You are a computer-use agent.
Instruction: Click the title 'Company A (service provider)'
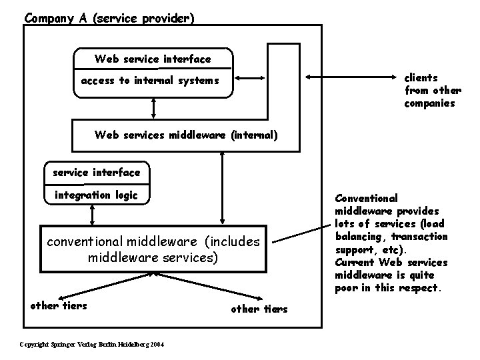[109, 18]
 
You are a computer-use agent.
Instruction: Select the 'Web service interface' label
[153, 59]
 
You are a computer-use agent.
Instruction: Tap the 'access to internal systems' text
[149, 81]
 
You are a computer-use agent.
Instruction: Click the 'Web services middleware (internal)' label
[186, 135]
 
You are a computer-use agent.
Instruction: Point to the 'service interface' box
[97, 173]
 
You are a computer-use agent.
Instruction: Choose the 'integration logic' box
[97, 195]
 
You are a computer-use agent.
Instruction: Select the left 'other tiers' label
[55, 306]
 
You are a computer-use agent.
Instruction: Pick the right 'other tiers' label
[259, 309]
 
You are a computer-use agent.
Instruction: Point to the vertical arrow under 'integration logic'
[92, 215]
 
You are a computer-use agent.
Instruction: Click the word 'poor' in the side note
[347, 288]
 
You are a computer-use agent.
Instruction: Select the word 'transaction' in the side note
[419, 237]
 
